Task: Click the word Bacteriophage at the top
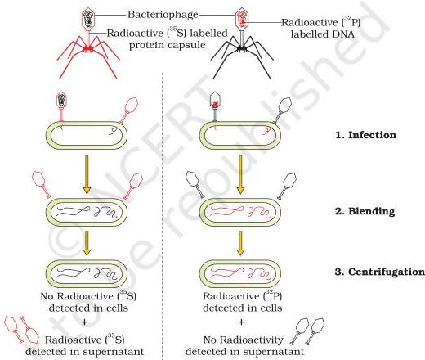pyautogui.click(x=163, y=15)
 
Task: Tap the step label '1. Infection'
pyautogui.click(x=365, y=135)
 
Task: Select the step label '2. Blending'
pyautogui.click(x=365, y=211)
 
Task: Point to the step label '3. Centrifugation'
pyautogui.click(x=380, y=272)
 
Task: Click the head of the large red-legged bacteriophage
pyautogui.click(x=88, y=19)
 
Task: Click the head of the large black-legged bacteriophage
pyautogui.click(x=242, y=19)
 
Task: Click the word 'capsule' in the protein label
pyautogui.click(x=186, y=45)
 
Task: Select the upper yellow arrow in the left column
pyautogui.click(x=87, y=174)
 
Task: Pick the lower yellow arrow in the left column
pyautogui.click(x=87, y=243)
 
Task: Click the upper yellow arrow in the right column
pyautogui.click(x=240, y=174)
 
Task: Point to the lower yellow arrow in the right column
pyautogui.click(x=240, y=243)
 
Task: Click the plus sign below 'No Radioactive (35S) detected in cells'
pyautogui.click(x=85, y=322)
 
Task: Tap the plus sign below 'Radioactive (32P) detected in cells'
pyautogui.click(x=241, y=322)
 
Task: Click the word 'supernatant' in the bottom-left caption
pyautogui.click(x=114, y=352)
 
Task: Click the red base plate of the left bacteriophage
pyautogui.click(x=88, y=48)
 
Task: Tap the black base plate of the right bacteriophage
pyautogui.click(x=242, y=48)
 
